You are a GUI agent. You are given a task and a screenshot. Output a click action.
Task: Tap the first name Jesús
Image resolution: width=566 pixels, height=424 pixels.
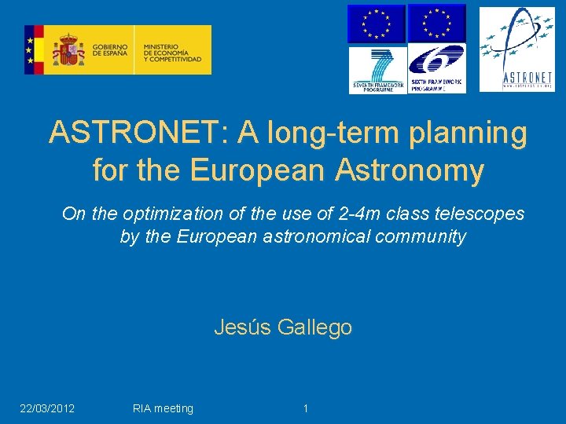pos(242,327)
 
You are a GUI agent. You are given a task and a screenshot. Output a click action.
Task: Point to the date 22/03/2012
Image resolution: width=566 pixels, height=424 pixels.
pos(47,408)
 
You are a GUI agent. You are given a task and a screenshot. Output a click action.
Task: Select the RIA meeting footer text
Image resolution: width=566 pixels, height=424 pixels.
pos(163,408)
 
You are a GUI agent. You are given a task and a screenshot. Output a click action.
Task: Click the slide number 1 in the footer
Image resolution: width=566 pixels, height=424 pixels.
pos(306,408)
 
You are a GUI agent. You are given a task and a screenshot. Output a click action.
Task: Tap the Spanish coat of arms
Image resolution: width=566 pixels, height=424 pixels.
pos(68,50)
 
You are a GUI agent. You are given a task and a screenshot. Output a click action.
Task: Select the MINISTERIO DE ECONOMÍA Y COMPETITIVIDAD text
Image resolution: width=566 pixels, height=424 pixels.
pos(172,50)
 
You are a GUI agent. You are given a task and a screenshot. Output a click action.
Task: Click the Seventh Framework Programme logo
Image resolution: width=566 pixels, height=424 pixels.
pos(377,70)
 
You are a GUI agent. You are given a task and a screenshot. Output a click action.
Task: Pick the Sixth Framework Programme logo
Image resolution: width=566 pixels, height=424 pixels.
pos(437,70)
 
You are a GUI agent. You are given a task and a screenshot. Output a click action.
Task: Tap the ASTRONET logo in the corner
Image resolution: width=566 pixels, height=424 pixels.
pos(516,49)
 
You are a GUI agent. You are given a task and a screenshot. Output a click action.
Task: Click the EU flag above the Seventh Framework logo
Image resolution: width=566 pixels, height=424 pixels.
pos(377,24)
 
